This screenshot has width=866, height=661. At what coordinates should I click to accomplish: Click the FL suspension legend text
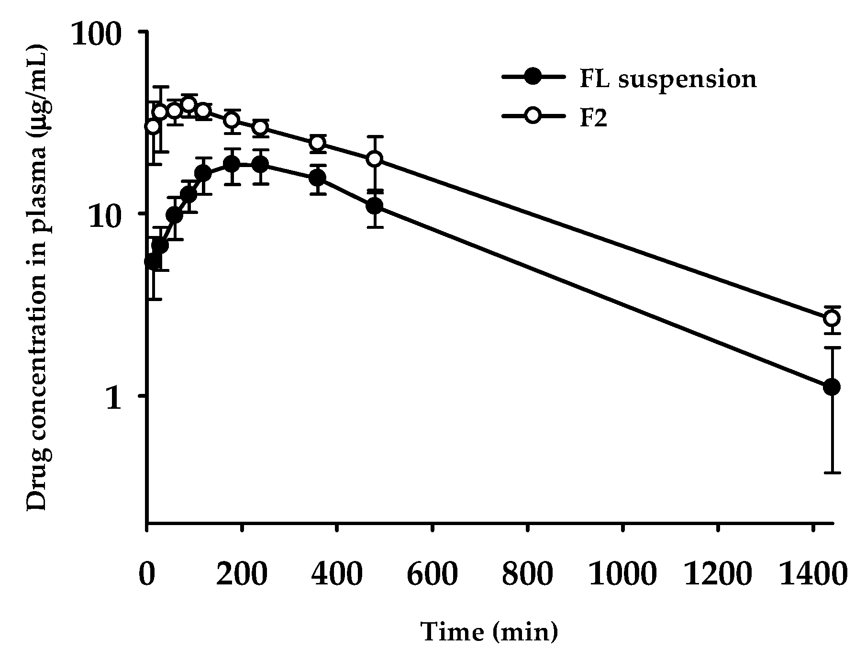[668, 79]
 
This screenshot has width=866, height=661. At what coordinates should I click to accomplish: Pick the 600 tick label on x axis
[432, 573]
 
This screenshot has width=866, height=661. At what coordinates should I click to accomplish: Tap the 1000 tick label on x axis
[622, 573]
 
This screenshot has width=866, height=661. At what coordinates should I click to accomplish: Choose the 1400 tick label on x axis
[812, 573]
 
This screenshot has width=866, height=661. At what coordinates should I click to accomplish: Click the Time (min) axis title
[489, 632]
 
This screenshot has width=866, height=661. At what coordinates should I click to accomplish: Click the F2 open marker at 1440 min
[832, 318]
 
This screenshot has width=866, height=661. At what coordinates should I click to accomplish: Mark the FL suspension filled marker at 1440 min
[832, 387]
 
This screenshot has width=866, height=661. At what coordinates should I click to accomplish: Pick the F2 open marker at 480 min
[376, 159]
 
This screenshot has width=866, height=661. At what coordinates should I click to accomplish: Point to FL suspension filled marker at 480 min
[376, 206]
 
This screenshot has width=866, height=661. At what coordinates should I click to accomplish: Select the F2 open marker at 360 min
[318, 143]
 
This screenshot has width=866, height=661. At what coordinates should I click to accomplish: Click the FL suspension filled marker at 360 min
[318, 178]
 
